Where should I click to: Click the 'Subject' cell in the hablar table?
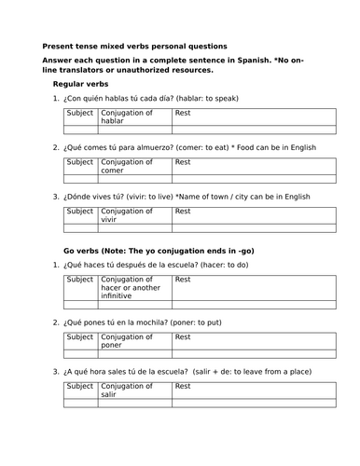tap(80, 113)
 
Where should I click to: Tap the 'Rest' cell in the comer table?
tap(253, 162)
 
